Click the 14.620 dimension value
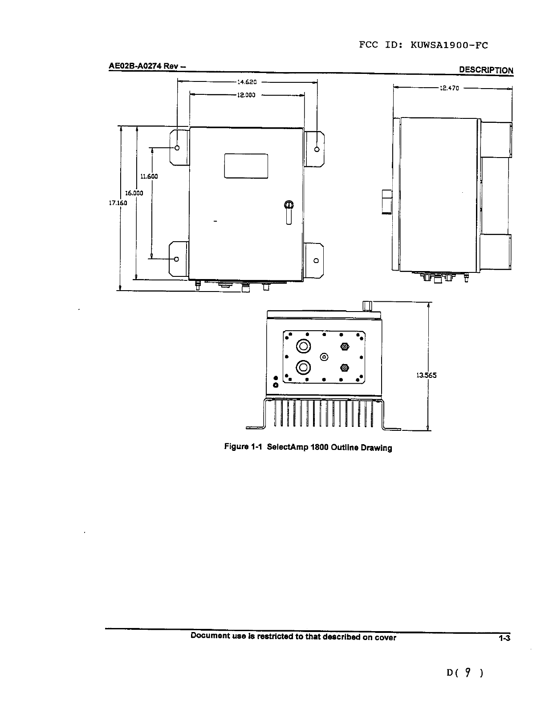pyautogui.click(x=247, y=82)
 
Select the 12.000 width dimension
pyautogui.click(x=246, y=95)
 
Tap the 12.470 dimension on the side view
pyautogui.click(x=449, y=88)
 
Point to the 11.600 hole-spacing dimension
pyautogui.click(x=149, y=177)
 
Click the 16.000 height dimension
pyautogui.click(x=134, y=193)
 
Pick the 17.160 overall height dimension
pyautogui.click(x=118, y=203)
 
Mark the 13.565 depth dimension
pyautogui.click(x=427, y=375)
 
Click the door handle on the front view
pyautogui.click(x=289, y=212)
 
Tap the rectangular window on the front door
pyautogui.click(x=246, y=166)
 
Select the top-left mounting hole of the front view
pyautogui.click(x=177, y=148)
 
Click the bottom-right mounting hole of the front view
pyautogui.click(x=316, y=260)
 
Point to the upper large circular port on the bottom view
pyautogui.click(x=304, y=346)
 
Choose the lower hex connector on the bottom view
pyautogui.click(x=345, y=368)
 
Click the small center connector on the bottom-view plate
pyautogui.click(x=324, y=357)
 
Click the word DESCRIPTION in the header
pyautogui.click(x=486, y=70)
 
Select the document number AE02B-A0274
pyautogui.click(x=135, y=66)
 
